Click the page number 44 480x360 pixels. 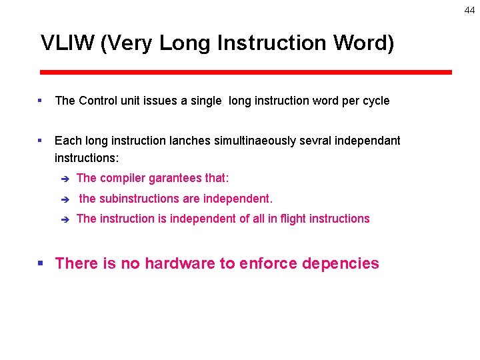pyautogui.click(x=470, y=10)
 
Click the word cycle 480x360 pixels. pyautogui.click(x=375, y=101)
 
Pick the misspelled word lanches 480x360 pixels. pyautogui.click(x=189, y=141)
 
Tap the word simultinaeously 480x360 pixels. pyautogui.click(x=255, y=141)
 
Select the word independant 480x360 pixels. pyautogui.click(x=368, y=141)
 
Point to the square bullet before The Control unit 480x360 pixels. pyautogui.click(x=41, y=101)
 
